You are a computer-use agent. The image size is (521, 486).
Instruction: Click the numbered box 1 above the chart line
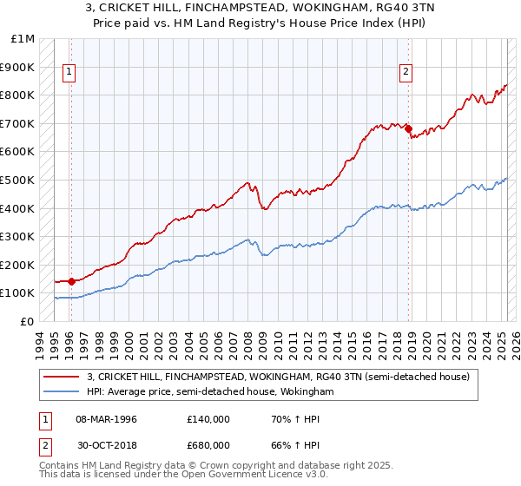coord(69,73)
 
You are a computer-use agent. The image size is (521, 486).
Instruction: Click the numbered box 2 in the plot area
coord(405,73)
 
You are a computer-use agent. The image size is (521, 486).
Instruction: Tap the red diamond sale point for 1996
coord(71,281)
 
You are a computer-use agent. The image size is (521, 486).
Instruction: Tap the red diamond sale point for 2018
coord(407,129)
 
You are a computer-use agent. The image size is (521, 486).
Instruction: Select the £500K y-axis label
coord(20,180)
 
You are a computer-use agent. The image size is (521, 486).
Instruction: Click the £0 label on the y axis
coord(28,321)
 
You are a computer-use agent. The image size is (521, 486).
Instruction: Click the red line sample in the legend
coord(62,377)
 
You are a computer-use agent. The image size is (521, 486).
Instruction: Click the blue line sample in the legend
coord(62,391)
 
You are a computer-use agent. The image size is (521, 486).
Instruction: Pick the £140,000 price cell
coord(209,418)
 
